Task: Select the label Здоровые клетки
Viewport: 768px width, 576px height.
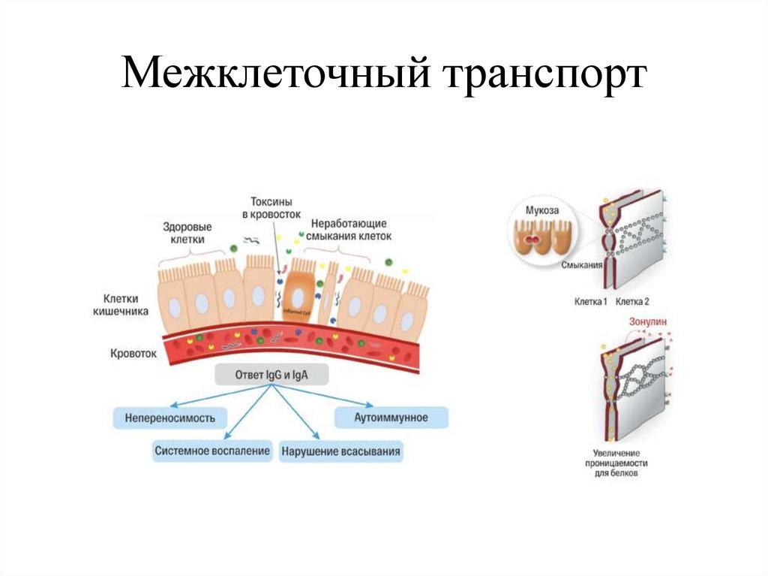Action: tap(187, 233)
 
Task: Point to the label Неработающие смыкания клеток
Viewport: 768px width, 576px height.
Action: tap(349, 230)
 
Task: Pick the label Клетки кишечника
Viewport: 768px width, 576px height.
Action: tap(125, 304)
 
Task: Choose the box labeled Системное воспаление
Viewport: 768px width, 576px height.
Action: tap(212, 451)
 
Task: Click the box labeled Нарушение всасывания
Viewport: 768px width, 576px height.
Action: tap(341, 452)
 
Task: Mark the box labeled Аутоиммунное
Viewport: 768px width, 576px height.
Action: tap(391, 417)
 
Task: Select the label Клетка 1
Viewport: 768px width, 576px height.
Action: tap(592, 301)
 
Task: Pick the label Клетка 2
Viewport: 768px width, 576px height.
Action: tap(632, 301)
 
